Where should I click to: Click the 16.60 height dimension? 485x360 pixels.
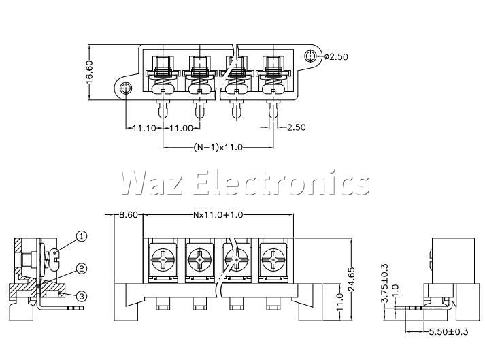click(90, 69)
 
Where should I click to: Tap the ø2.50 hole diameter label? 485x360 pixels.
click(336, 56)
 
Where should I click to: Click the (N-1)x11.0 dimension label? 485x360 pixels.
click(218, 147)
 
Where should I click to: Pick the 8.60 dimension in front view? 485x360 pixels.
click(129, 214)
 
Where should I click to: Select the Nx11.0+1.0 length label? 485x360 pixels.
click(218, 214)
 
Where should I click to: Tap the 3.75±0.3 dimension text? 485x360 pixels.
click(385, 284)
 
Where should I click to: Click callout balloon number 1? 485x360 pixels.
click(82, 236)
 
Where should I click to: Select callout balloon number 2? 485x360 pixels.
click(82, 269)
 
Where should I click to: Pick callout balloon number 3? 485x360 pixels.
click(82, 295)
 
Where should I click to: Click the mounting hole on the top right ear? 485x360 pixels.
click(311, 56)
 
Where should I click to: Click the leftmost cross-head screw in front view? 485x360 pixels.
click(165, 260)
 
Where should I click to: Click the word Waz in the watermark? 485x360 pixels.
click(150, 182)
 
